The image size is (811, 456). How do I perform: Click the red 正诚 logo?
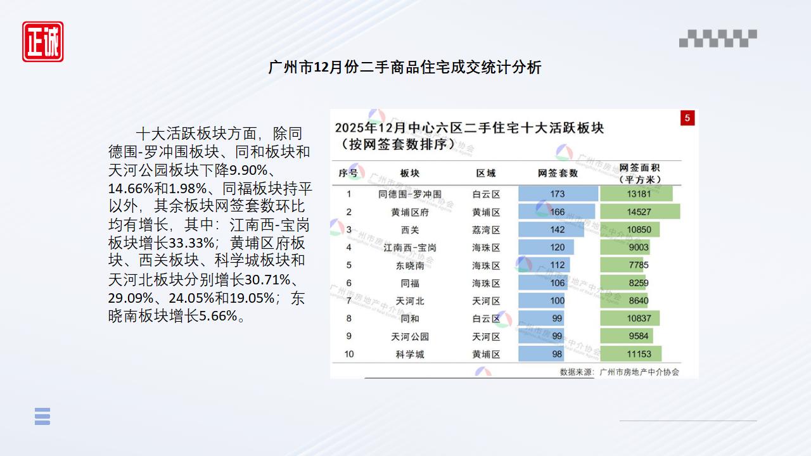pos(43,42)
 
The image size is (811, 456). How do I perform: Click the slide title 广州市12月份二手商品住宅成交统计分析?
pos(405,67)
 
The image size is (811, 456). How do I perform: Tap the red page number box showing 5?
pos(687,118)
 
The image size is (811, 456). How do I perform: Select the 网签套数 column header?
pos(558,173)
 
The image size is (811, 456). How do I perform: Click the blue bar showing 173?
pos(558,194)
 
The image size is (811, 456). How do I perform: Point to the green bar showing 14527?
pos(639,212)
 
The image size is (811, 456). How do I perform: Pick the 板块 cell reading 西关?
pos(410,230)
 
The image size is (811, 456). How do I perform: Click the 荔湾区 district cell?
pos(486,230)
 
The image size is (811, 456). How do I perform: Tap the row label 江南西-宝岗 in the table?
pos(410,248)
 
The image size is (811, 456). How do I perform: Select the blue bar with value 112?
pos(544,265)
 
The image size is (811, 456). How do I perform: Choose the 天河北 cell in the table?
pos(410,301)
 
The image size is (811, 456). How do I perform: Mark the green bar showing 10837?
pos(630,319)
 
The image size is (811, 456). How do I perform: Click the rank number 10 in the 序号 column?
pos(349,354)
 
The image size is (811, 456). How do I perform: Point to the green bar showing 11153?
pos(630,354)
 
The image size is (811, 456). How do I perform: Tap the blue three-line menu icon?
pos(42,416)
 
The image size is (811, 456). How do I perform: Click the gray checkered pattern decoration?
pos(718,39)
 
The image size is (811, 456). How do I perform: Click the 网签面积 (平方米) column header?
pos(639,174)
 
